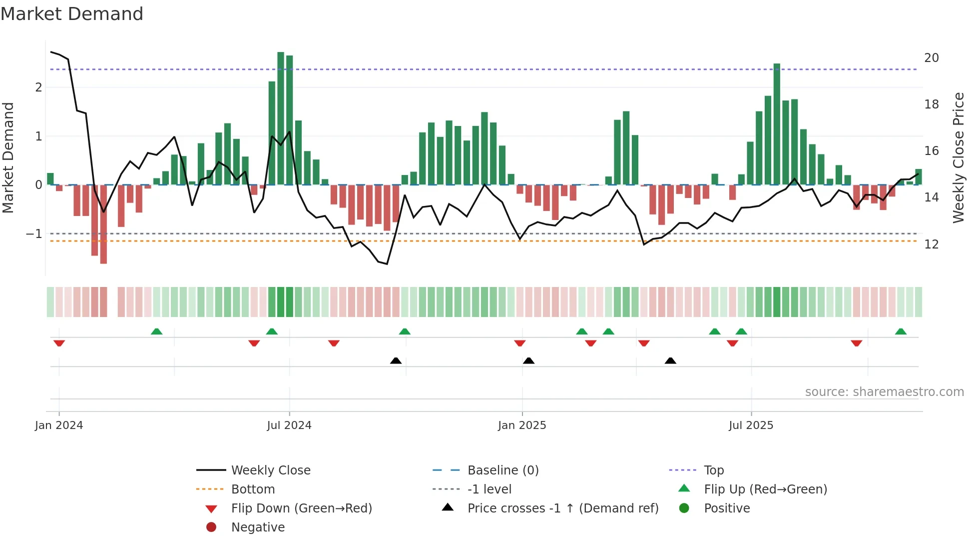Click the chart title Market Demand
point(72,14)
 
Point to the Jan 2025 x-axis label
point(522,425)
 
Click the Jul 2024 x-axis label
point(289,425)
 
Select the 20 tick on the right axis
point(931,58)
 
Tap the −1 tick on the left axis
point(34,234)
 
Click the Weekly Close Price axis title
point(958,157)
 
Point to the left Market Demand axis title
point(8,157)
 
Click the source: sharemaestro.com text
point(884,392)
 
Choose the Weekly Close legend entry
point(270,470)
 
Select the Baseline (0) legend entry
point(502,470)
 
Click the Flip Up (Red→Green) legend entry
point(765,489)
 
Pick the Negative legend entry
point(258,527)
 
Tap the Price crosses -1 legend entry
point(562,508)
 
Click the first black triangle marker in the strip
point(396,360)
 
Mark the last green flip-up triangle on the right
point(901,331)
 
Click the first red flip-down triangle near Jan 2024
point(59,343)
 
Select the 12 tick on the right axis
point(931,244)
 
